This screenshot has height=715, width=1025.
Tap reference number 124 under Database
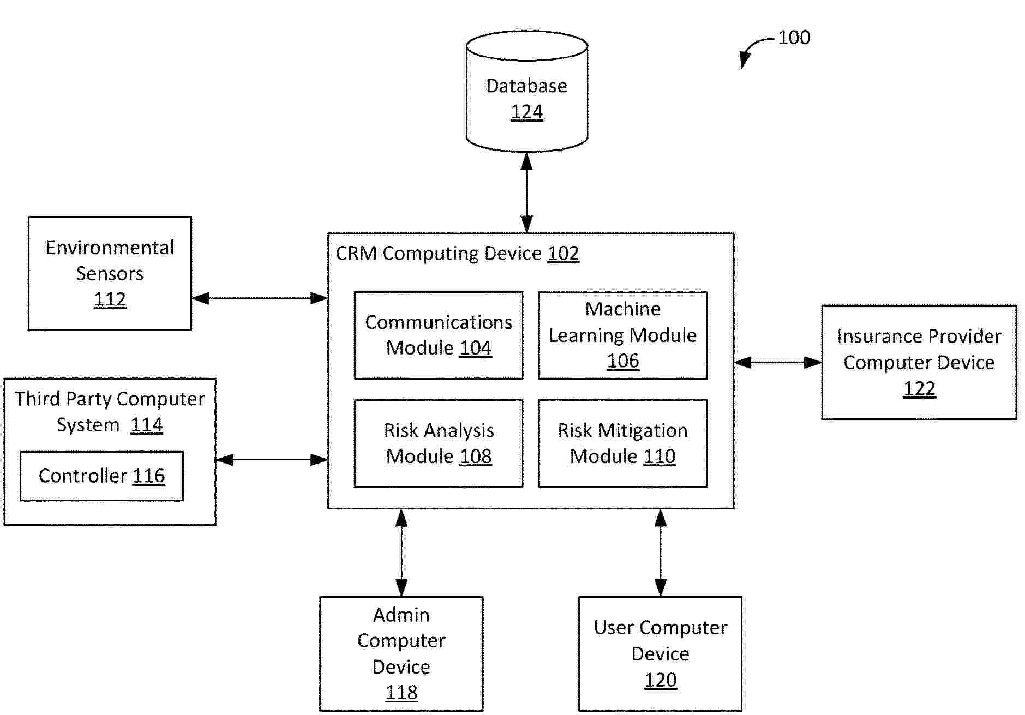[526, 112]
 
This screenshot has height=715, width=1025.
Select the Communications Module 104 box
[439, 335]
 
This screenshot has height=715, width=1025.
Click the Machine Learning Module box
[622, 335]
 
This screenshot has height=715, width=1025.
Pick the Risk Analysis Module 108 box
[439, 443]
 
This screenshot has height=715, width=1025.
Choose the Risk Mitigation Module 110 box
[622, 443]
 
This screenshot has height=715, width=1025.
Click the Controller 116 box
[101, 476]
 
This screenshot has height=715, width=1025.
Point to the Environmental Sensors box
[110, 273]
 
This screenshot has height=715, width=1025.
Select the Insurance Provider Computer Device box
[919, 362]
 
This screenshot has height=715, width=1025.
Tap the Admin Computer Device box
[401, 653]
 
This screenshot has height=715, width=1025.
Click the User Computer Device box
[660, 653]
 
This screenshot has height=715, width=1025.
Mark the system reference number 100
[794, 38]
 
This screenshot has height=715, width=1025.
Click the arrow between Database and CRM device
[526, 192]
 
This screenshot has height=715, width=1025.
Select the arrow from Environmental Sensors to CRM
[260, 298]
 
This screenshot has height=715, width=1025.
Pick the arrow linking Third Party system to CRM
[272, 460]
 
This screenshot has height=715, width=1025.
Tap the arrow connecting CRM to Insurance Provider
[777, 362]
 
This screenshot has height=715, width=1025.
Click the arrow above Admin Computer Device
[401, 552]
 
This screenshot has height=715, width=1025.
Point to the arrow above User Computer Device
[661, 552]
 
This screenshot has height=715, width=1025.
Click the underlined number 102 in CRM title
[563, 254]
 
